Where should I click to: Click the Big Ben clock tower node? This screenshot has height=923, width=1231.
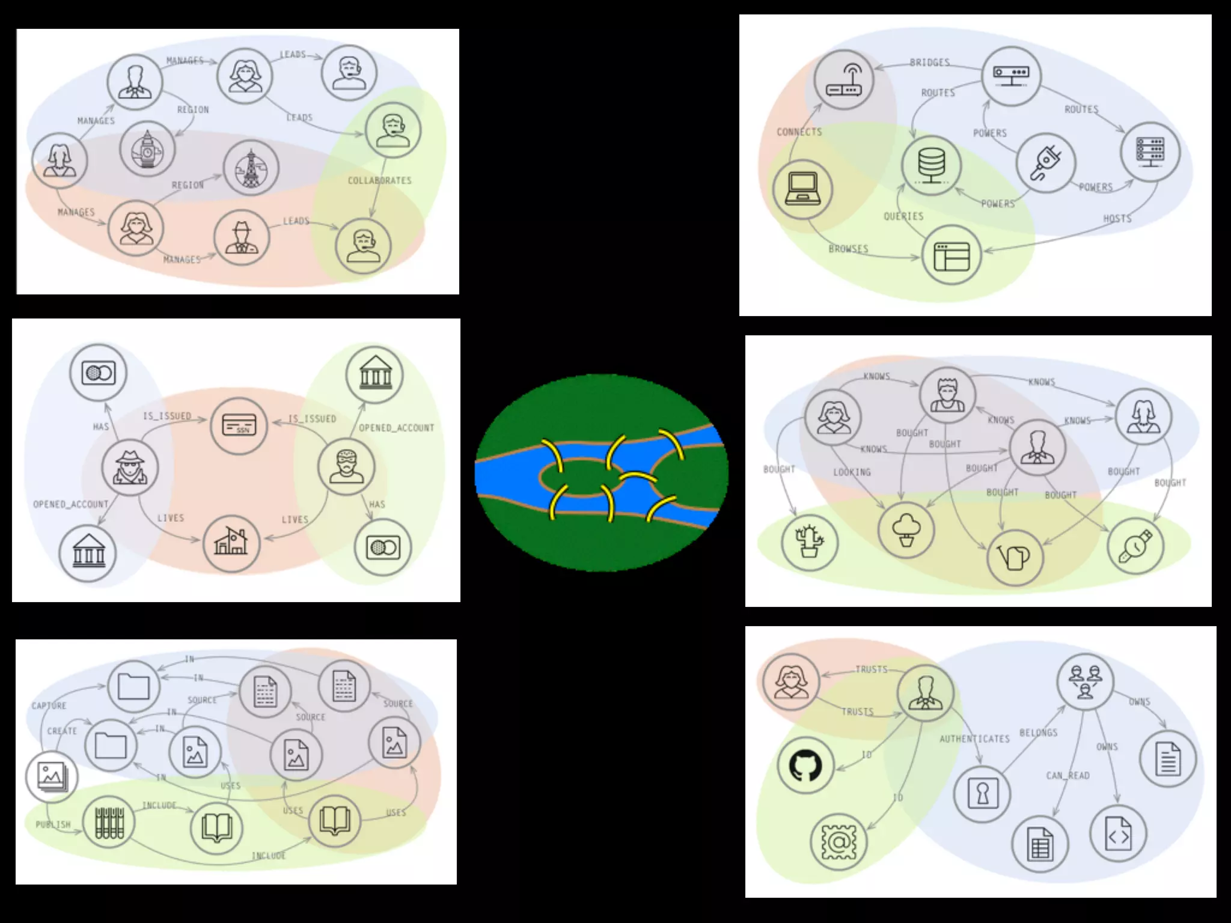147,149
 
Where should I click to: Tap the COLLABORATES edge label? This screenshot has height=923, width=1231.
379,180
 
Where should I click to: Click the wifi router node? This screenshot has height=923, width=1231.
844,80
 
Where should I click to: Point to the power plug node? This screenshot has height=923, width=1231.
1045,163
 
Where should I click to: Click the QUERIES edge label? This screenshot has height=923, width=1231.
903,216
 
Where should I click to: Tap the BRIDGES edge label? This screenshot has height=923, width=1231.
929,62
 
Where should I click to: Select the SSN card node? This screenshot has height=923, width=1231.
239,425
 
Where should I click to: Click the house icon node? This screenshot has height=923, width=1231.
231,543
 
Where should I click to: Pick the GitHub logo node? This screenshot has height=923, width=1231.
805,766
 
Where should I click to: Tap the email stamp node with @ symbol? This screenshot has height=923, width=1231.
838,842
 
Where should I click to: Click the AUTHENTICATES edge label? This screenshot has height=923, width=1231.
974,739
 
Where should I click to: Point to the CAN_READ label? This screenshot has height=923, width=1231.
1068,776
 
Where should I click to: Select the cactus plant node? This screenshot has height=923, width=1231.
809,543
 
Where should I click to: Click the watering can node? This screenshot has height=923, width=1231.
1015,558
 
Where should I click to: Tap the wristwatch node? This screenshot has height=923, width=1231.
1135,546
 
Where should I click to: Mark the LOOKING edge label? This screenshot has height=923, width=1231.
852,472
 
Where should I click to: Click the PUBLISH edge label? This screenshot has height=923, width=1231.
53,824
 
